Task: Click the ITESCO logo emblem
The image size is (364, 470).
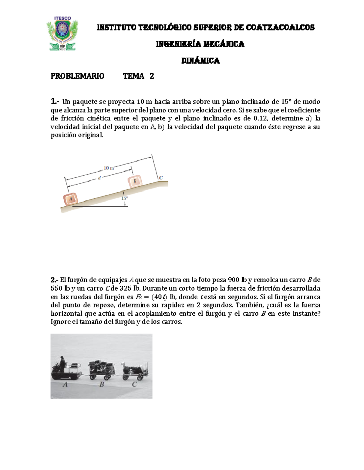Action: click(62, 33)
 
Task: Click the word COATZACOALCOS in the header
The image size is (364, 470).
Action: click(280, 28)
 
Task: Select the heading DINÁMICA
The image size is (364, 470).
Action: click(201, 61)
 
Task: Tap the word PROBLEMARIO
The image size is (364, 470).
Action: click(77, 76)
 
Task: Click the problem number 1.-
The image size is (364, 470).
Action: click(56, 101)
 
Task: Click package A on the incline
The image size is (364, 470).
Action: click(70, 199)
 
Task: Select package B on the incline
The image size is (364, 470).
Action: click(135, 181)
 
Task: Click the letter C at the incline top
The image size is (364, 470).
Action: click(161, 178)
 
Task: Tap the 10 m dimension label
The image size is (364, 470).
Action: click(109, 168)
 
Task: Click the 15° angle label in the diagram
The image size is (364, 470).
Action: click(125, 198)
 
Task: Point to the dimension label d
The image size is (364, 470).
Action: click(99, 178)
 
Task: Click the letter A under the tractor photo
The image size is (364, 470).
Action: click(65, 385)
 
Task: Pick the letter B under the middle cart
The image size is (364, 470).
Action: click(102, 385)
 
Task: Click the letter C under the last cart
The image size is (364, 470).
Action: click(134, 384)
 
